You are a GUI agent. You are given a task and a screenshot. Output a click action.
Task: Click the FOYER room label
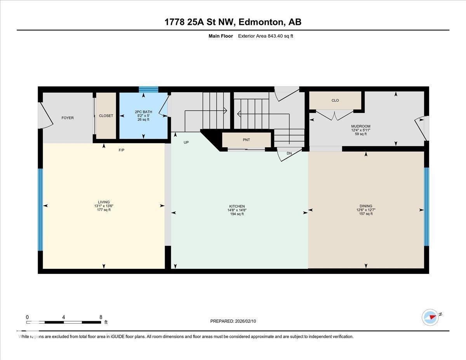[x=68, y=118]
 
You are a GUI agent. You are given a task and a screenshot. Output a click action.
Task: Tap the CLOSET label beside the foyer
[x=106, y=116]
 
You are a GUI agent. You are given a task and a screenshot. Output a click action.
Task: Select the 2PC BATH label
[x=144, y=112]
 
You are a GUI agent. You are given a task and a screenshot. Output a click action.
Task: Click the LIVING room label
[x=104, y=202]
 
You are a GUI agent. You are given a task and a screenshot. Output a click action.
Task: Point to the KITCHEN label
[x=237, y=206]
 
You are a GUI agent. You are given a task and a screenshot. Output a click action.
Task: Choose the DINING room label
[x=366, y=206]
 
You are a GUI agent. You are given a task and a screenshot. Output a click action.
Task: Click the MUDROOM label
[x=361, y=126]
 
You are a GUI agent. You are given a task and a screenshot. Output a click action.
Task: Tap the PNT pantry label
[x=246, y=139]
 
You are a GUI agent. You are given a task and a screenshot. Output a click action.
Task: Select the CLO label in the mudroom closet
[x=335, y=100]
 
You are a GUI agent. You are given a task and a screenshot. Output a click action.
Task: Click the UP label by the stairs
[x=186, y=143]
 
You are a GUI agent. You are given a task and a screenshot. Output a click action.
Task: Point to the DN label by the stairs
[x=289, y=153]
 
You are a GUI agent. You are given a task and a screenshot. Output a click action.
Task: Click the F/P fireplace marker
[x=122, y=150]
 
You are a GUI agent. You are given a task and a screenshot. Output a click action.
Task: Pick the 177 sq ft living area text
[x=104, y=210]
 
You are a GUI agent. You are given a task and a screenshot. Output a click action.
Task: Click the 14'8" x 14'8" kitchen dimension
[x=237, y=210]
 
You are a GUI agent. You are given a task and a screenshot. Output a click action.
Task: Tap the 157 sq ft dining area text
[x=366, y=214]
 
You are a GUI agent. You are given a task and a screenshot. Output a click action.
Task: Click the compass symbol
[x=430, y=317]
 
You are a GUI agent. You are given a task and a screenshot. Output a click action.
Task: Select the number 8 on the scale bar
[x=101, y=317]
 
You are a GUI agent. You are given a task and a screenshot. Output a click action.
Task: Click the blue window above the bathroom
[x=149, y=89]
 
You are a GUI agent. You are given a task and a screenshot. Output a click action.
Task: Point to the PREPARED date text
[x=233, y=321]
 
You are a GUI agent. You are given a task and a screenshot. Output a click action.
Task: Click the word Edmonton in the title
[x=261, y=22]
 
